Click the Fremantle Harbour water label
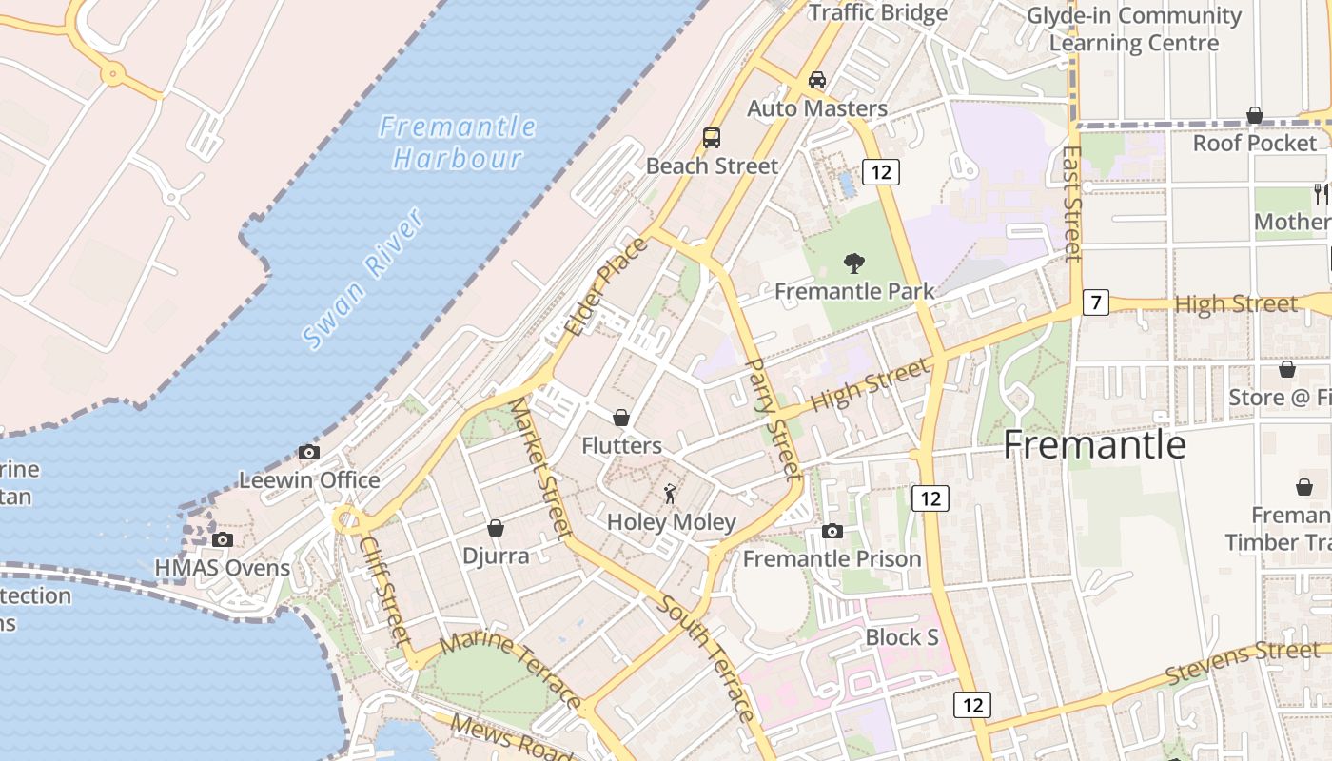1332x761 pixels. point(458,142)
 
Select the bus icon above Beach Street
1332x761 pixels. point(712,137)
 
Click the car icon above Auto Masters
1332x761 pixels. point(816,80)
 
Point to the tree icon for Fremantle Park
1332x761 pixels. point(854,263)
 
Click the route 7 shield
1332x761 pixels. point(1096,303)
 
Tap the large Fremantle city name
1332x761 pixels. point(1094,445)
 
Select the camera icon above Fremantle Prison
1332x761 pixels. point(832,531)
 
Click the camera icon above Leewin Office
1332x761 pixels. point(309,453)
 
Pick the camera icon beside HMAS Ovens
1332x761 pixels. point(223,540)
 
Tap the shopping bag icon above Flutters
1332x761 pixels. point(621,418)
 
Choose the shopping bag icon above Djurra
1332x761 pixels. point(495,528)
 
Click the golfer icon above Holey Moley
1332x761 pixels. point(671,494)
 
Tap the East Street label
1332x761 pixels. point(1072,203)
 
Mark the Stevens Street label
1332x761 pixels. point(1243,662)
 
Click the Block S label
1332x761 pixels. point(902,637)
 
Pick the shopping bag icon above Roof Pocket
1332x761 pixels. point(1255,115)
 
